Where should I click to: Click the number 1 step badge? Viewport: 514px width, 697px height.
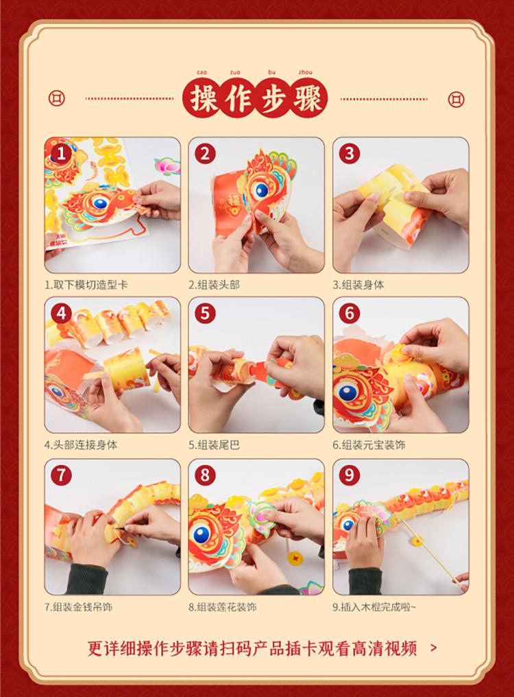pyautogui.click(x=61, y=154)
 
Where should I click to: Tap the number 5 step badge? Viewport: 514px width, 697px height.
pyautogui.click(x=205, y=314)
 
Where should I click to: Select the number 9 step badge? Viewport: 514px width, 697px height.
pyautogui.click(x=350, y=475)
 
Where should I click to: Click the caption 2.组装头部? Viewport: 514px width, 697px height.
pyautogui.click(x=214, y=285)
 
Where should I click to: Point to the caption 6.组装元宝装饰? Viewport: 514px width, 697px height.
pyautogui.click(x=369, y=445)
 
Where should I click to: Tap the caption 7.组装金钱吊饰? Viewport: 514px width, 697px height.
pyautogui.click(x=78, y=606)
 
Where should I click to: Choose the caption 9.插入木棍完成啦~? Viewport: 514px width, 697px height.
pyautogui.click(x=374, y=606)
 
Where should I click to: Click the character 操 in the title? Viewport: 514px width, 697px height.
pyautogui.click(x=204, y=99)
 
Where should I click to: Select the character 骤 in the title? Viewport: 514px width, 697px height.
pyautogui.click(x=306, y=99)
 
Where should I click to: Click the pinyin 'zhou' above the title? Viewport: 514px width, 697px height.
pyautogui.click(x=306, y=72)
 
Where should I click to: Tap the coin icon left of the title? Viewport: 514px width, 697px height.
pyautogui.click(x=56, y=98)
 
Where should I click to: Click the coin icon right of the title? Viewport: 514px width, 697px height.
pyautogui.click(x=456, y=99)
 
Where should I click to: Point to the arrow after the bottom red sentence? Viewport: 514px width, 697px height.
pyautogui.click(x=434, y=648)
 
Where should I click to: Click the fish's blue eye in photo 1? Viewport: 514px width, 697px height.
pyautogui.click(x=100, y=204)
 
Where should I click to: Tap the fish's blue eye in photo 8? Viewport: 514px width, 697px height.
pyautogui.click(x=201, y=534)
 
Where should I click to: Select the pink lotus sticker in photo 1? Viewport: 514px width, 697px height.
pyautogui.click(x=167, y=165)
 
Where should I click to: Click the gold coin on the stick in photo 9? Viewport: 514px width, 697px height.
pyautogui.click(x=417, y=541)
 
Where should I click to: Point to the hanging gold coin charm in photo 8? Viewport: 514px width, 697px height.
pyautogui.click(x=293, y=558)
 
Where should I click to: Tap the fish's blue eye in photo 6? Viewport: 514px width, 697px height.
pyautogui.click(x=347, y=392)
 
